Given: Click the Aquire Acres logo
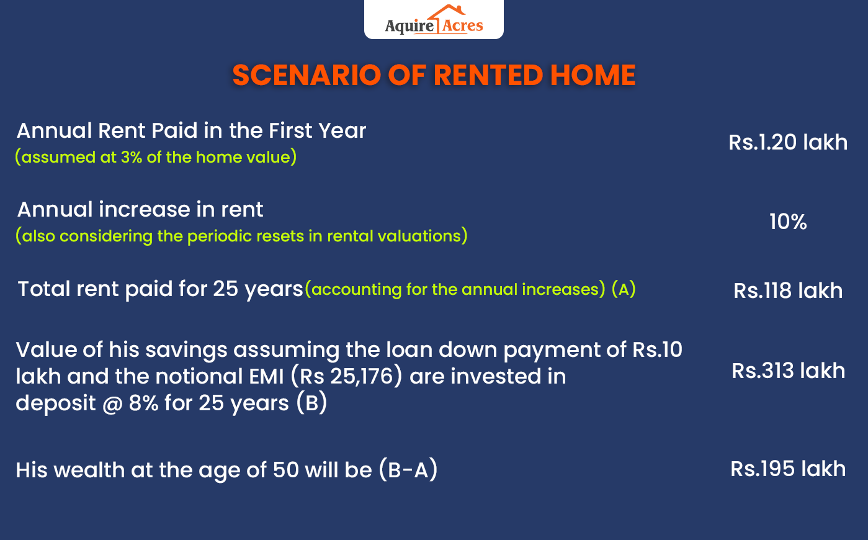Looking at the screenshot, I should [434, 20].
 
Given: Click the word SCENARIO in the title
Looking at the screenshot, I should [306, 76].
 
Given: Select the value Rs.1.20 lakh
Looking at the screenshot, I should [788, 142].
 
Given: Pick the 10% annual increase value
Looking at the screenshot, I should [788, 222].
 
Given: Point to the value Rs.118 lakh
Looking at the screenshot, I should [788, 290].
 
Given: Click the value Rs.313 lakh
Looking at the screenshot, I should [788, 371].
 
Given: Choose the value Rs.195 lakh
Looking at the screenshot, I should [788, 469].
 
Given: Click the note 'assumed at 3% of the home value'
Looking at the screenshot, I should [156, 157].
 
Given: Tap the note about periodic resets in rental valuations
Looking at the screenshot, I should [241, 236].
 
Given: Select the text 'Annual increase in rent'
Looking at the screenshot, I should [140, 210].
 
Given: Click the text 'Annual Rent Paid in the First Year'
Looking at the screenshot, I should [191, 131].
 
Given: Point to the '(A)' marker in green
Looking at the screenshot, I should [624, 289].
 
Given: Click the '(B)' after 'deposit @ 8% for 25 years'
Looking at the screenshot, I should [311, 403].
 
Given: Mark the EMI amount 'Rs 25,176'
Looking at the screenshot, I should [347, 376].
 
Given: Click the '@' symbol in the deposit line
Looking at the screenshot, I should [112, 403].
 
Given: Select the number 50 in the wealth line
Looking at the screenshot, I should [285, 470].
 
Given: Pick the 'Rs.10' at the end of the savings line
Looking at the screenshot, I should [657, 349].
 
